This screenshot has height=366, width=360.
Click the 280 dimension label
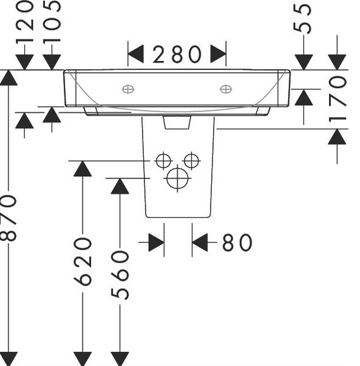[177, 54]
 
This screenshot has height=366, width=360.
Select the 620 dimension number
[83, 262]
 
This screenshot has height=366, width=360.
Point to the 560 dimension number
[120, 275]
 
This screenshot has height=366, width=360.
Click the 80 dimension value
[237, 243]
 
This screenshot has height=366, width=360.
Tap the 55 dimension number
[302, 19]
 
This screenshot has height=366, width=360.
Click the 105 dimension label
[52, 21]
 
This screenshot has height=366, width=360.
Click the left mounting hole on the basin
[128, 89]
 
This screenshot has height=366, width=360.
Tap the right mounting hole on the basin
[226, 89]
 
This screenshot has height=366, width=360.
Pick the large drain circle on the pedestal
[177, 178]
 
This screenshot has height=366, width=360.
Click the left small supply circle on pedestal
[163, 161]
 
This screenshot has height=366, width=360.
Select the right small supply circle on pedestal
[191, 161]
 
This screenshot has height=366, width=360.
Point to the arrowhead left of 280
[135, 54]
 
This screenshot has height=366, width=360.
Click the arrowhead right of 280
[219, 54]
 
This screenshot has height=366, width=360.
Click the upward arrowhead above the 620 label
[83, 169]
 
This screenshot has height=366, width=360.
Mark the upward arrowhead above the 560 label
[120, 186]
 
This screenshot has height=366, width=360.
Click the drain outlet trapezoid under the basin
[177, 123]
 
